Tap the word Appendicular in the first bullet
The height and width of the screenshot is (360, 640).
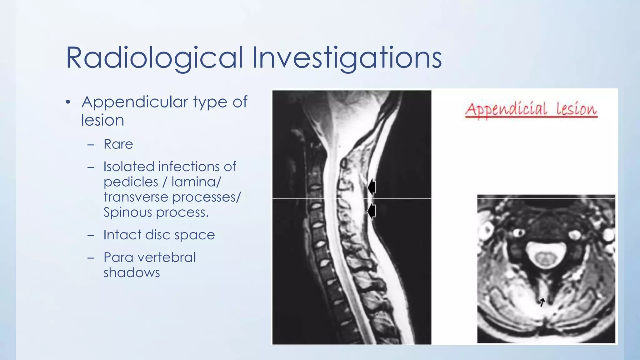point(135,102)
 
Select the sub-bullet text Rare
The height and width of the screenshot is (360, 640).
point(118,144)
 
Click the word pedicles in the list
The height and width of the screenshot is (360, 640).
point(131,182)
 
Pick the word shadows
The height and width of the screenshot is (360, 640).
point(132,273)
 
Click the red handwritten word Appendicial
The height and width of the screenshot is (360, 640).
point(506,109)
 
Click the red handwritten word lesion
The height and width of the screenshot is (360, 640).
point(576,109)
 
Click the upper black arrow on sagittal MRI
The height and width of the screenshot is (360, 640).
point(371,187)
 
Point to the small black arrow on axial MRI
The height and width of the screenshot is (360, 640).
point(542,302)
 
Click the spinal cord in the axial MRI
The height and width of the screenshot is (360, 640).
point(545,258)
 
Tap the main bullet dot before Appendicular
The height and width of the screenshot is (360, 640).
point(68,102)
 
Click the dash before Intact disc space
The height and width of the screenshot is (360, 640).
point(91,235)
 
